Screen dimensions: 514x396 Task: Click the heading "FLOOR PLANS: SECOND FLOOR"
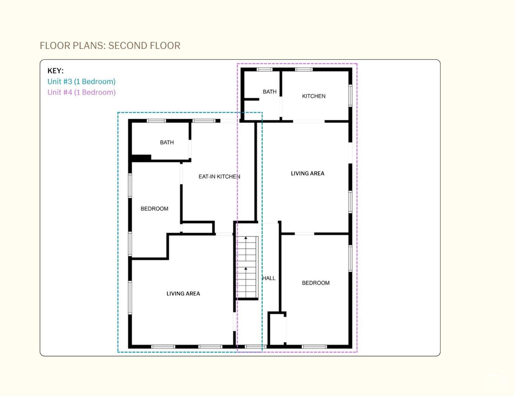(x=110, y=45)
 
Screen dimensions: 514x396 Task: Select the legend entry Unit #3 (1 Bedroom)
(x=81, y=81)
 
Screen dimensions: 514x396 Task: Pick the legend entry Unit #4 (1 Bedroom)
(x=81, y=92)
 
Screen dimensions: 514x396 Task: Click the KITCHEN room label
(x=314, y=96)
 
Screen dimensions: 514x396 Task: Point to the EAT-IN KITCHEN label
(x=219, y=176)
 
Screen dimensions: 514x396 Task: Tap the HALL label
(x=269, y=278)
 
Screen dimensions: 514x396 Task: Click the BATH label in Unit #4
(x=270, y=92)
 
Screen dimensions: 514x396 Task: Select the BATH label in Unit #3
(x=167, y=142)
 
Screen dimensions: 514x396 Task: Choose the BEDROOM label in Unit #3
(x=155, y=209)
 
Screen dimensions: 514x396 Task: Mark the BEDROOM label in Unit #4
(x=316, y=283)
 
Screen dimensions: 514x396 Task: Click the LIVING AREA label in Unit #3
(x=183, y=293)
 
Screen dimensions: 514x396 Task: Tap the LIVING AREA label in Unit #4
(x=307, y=173)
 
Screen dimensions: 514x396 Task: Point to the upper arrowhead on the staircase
(x=246, y=238)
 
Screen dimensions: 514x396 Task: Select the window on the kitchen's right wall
(x=350, y=95)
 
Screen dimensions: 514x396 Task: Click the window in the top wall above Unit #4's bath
(x=265, y=69)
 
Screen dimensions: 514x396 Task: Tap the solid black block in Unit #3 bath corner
(x=141, y=158)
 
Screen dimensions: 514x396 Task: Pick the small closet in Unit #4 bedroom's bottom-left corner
(x=277, y=328)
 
